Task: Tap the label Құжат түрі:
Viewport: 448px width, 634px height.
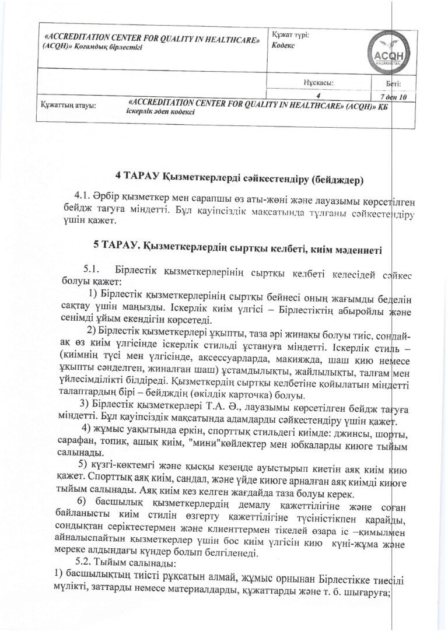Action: click(290, 34)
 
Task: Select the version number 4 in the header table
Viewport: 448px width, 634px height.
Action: click(318, 94)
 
